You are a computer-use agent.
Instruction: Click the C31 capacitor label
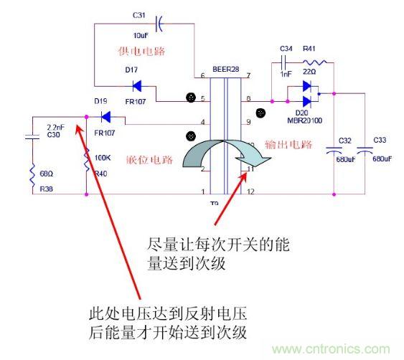point(139,15)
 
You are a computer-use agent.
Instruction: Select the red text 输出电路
point(289,144)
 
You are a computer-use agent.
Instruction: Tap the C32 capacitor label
point(344,141)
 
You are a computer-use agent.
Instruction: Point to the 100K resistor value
point(103,157)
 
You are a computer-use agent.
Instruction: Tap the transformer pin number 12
point(250,191)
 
